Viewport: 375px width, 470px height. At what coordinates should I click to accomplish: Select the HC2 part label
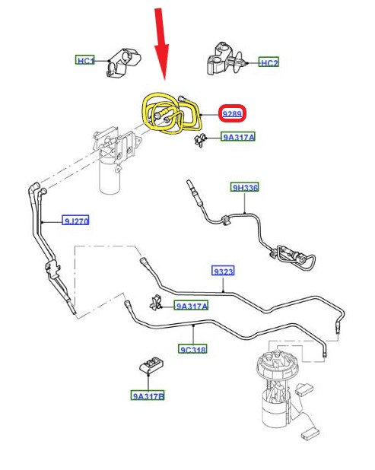pos(269,62)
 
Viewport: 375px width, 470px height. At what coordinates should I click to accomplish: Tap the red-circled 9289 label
pos(232,113)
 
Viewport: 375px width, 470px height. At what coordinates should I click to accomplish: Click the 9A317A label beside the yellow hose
pos(238,137)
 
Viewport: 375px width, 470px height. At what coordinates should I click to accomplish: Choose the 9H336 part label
pos(244,187)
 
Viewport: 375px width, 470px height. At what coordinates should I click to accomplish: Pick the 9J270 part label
pos(75,221)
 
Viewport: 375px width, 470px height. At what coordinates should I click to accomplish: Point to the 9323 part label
pos(223,271)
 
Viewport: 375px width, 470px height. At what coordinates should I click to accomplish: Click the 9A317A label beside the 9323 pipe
pos(191,306)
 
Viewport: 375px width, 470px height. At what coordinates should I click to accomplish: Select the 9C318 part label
pos(192,349)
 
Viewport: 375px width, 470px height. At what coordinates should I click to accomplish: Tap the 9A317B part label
pos(148,395)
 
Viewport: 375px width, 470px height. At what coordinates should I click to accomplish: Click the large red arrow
pos(162,44)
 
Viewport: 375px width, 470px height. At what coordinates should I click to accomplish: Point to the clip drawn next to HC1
pos(122,62)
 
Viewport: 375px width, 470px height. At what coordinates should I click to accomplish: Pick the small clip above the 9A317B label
pos(151,366)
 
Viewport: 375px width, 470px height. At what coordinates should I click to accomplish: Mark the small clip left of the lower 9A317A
pos(156,303)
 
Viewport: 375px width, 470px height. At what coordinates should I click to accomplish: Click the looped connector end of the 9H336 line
pos(295,256)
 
